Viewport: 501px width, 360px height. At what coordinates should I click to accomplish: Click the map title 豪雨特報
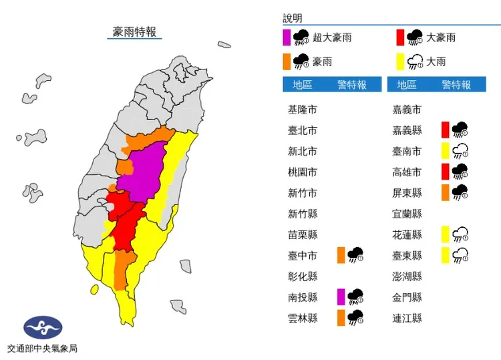[134, 31]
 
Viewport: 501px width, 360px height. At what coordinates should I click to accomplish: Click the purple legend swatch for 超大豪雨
[286, 37]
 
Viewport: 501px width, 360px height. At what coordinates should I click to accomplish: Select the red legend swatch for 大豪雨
[399, 37]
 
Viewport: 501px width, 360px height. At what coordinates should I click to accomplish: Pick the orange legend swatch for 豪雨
[286, 62]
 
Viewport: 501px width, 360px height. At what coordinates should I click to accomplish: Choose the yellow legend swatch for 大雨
[399, 62]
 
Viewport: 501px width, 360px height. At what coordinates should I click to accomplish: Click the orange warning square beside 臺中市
[341, 254]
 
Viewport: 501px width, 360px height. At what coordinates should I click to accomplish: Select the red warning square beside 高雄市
[445, 172]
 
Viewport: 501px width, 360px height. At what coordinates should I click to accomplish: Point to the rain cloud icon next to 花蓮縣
[460, 234]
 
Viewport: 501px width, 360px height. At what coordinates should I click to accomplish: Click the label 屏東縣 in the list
[407, 193]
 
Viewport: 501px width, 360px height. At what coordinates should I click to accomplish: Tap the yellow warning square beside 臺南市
[445, 151]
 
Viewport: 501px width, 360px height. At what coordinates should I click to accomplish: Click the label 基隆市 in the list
[302, 110]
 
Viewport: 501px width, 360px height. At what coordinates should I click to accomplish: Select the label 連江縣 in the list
[407, 318]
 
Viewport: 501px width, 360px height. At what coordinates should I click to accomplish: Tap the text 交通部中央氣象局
[43, 349]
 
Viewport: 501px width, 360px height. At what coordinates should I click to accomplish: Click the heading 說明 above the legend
[293, 18]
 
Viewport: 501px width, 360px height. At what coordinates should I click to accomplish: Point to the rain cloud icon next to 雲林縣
[355, 318]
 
